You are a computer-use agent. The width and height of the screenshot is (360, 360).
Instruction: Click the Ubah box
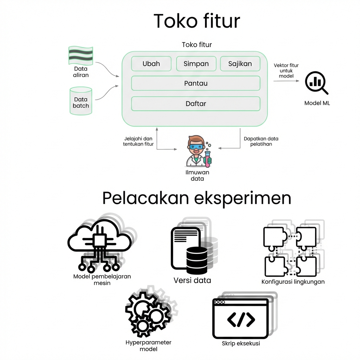pos(151,64)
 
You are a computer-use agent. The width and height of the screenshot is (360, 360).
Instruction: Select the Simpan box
pos(196,64)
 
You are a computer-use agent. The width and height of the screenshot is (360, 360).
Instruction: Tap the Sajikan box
pos(240,64)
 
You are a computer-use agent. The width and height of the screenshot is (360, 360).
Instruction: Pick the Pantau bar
pos(195,83)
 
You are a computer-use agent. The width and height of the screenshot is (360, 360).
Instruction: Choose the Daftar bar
pos(195,104)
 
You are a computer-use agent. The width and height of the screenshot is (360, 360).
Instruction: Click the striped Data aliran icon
pos(81,55)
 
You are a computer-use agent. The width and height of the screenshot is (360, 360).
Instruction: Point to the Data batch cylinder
pos(81,101)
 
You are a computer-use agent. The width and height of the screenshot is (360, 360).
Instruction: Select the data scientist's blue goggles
pos(196,147)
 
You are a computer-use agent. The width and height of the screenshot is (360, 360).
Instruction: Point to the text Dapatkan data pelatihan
pos(261,141)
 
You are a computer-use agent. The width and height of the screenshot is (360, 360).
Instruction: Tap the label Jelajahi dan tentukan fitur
pos(138,141)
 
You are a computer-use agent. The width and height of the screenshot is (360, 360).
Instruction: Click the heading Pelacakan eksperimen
pos(197,198)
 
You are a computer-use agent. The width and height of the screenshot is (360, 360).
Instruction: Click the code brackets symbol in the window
pos(241,319)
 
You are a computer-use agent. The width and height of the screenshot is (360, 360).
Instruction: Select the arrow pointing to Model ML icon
pos(287,81)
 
